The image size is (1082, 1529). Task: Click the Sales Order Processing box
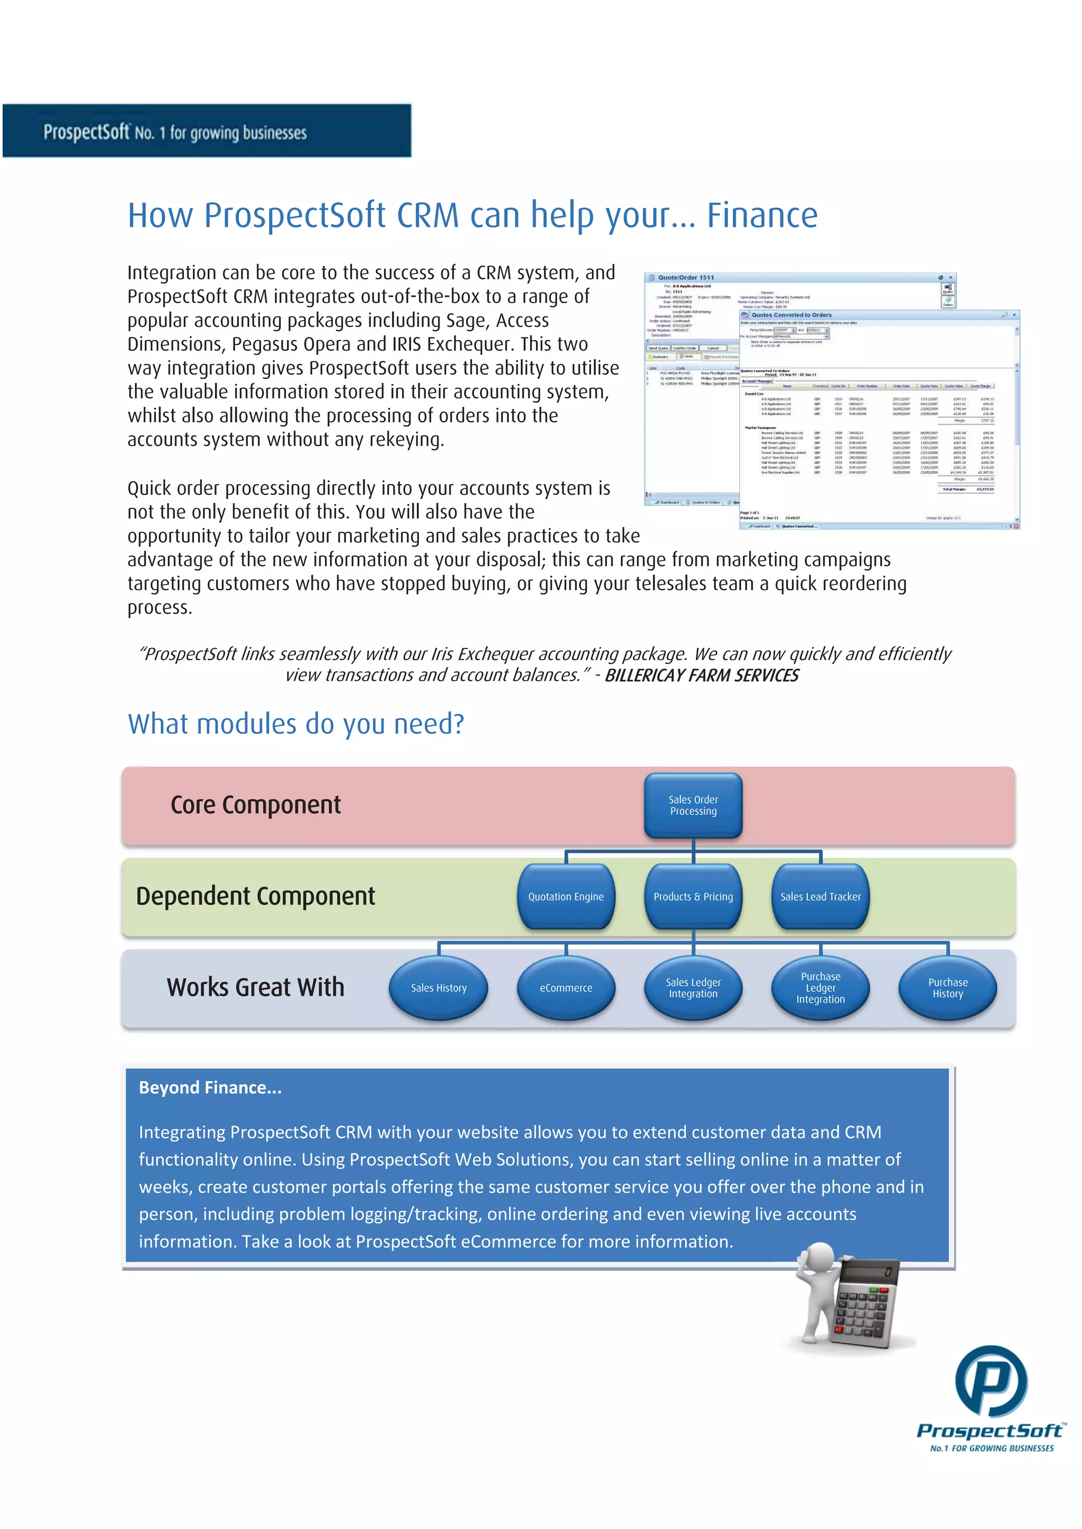pyautogui.click(x=693, y=805)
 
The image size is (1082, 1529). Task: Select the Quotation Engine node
pyautogui.click(x=566, y=896)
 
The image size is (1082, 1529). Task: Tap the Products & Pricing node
pyautogui.click(x=693, y=896)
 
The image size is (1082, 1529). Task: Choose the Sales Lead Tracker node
pyautogui.click(x=820, y=896)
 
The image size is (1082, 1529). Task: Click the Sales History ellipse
pyautogui.click(x=439, y=988)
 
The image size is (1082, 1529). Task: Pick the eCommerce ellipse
pyautogui.click(x=566, y=988)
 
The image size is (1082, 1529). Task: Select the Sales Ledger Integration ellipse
pyautogui.click(x=693, y=988)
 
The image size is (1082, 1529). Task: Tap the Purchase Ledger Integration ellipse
pyautogui.click(x=820, y=988)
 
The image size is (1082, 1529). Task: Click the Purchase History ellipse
pyautogui.click(x=947, y=988)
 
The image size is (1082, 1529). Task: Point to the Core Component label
pyautogui.click(x=255, y=805)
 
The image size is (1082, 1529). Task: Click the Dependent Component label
pyautogui.click(x=255, y=896)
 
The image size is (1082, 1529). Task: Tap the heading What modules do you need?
pyautogui.click(x=296, y=724)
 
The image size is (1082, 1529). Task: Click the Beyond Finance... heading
pyautogui.click(x=210, y=1088)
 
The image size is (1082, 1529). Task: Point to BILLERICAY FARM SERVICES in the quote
pyautogui.click(x=701, y=675)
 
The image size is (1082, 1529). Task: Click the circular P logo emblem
pyautogui.click(x=991, y=1381)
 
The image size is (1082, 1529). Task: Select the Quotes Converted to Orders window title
pyautogui.click(x=791, y=315)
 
